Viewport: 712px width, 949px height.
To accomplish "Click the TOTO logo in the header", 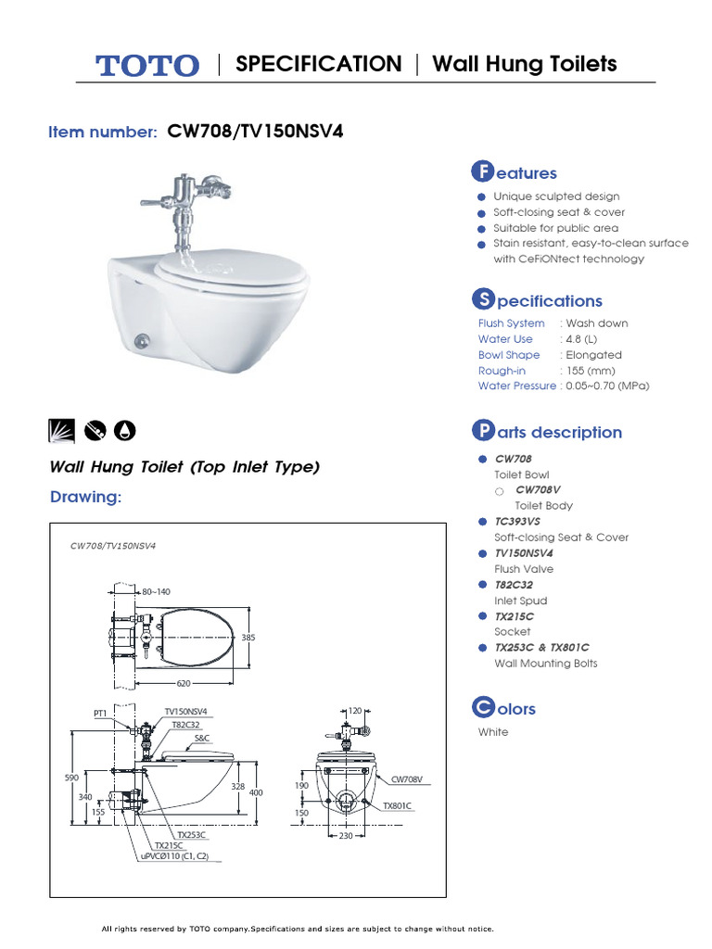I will (146, 65).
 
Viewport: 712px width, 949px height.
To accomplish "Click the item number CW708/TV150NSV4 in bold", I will (255, 132).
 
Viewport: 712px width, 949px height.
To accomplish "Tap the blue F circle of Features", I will (481, 172).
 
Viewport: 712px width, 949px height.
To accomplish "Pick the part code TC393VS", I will (517, 522).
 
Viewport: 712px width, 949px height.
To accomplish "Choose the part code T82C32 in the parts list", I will (514, 585).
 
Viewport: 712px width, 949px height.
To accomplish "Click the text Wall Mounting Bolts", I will (545, 664).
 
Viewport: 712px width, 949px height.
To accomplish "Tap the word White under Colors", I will (493, 732).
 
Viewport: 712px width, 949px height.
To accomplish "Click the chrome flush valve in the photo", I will (185, 197).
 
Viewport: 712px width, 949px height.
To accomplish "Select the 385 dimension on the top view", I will (248, 638).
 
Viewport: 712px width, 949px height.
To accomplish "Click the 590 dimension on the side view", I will (71, 778).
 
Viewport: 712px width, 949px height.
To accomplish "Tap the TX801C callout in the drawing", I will (397, 806).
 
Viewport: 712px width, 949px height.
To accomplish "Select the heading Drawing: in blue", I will (85, 498).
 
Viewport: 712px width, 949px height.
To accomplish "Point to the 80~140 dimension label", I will (156, 591).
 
